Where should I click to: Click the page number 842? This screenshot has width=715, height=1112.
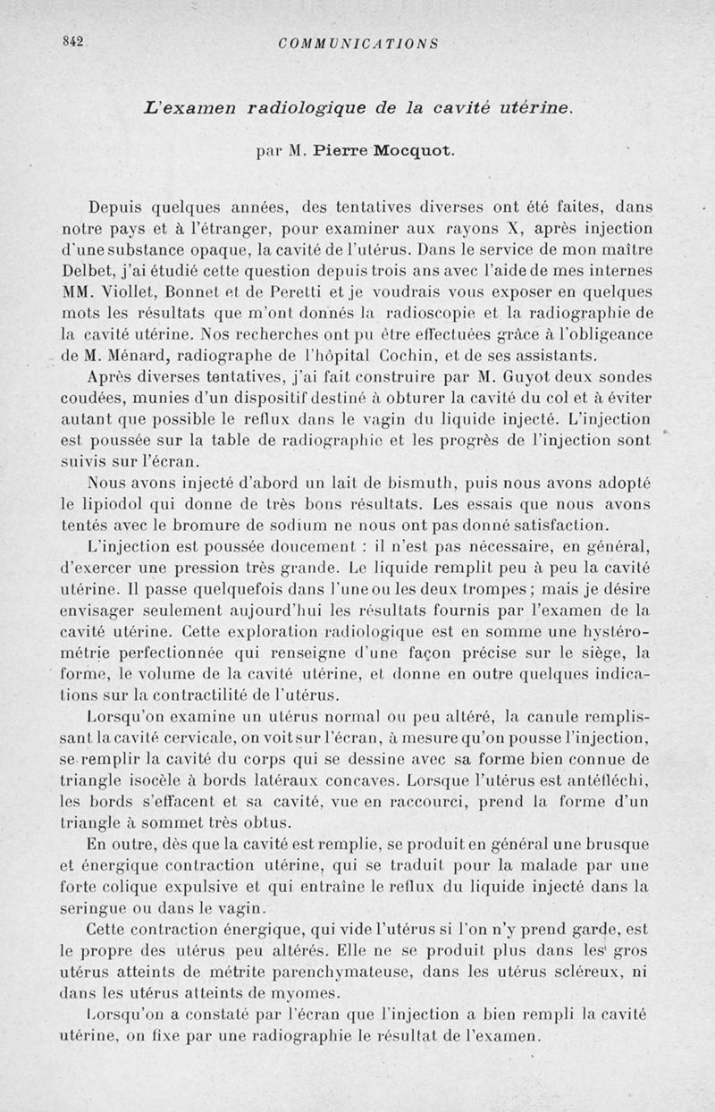(71, 40)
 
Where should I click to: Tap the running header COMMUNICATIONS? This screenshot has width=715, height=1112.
(357, 43)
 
